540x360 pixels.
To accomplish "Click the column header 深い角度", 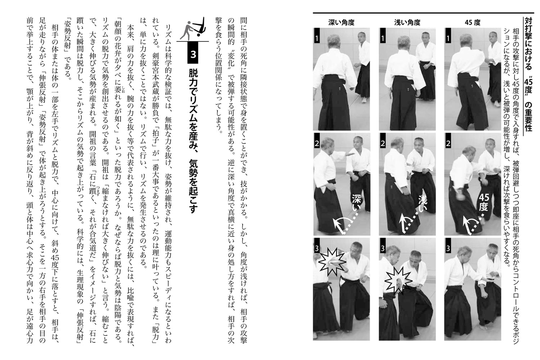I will tap(341, 22).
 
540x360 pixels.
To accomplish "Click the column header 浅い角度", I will tap(407, 22).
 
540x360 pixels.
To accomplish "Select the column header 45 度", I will tap(472, 22).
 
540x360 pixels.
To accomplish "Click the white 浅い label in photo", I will tap(422, 204).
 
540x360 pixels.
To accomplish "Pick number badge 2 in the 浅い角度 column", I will tap(383, 143).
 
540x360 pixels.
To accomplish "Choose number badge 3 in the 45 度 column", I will tap(448, 248).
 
